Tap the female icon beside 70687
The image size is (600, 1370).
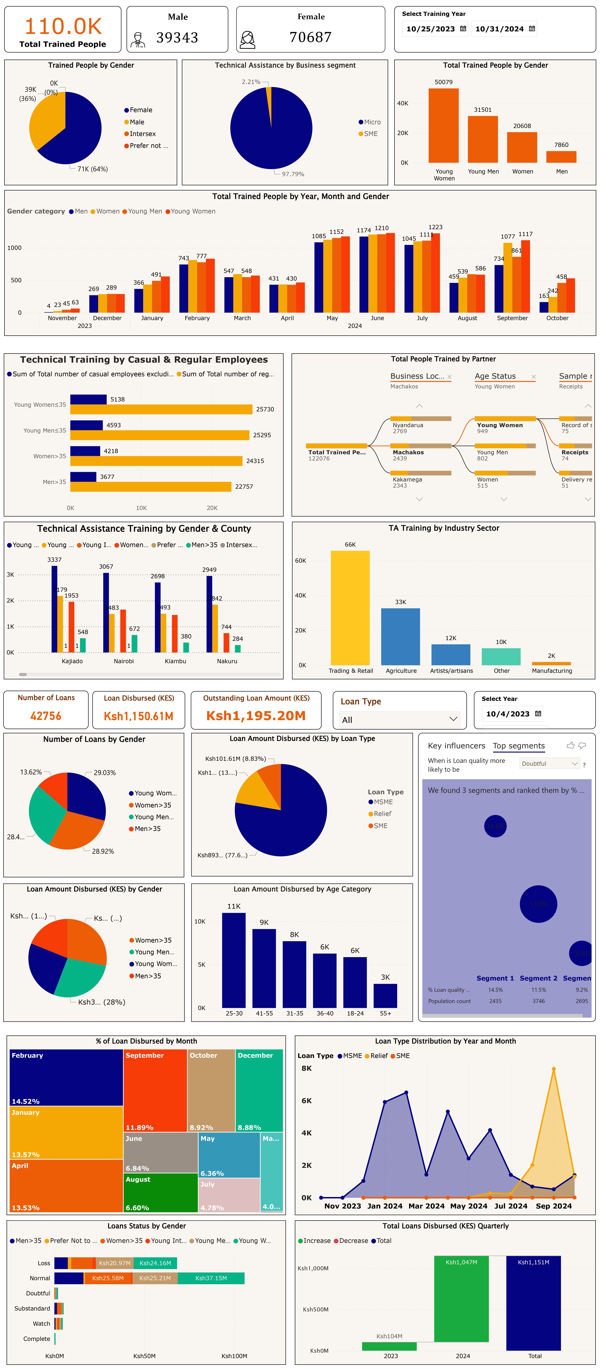click(x=248, y=39)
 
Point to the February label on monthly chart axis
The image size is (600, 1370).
click(x=197, y=318)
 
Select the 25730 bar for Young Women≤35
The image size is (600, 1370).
click(x=161, y=409)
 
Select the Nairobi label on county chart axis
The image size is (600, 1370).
click(x=124, y=661)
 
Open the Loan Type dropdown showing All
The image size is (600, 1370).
click(x=399, y=720)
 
